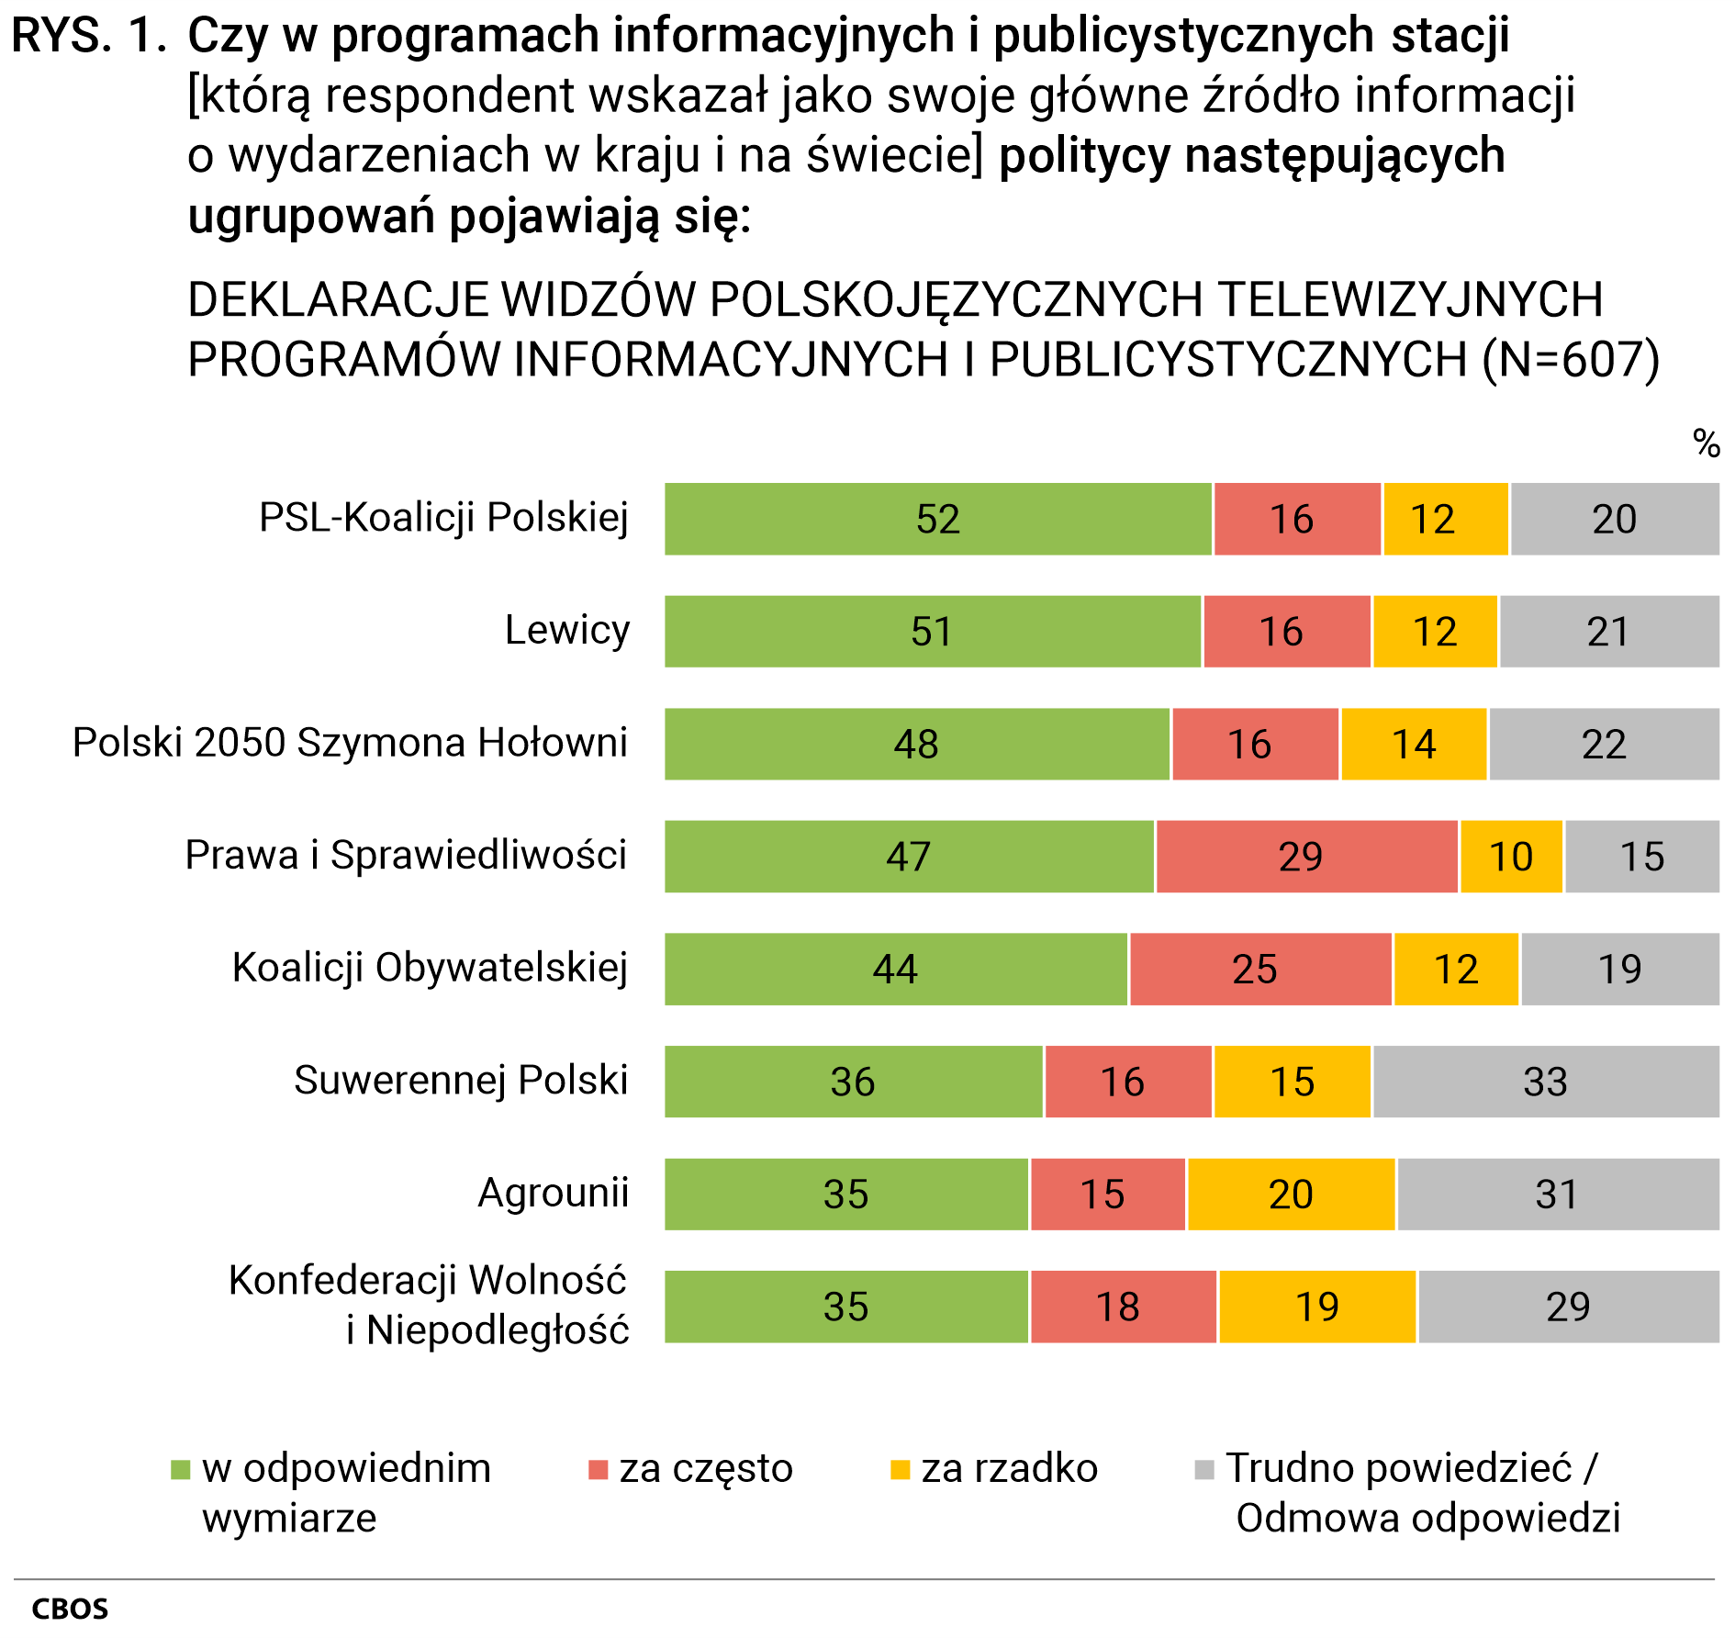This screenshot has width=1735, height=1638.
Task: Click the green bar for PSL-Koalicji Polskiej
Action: (x=937, y=519)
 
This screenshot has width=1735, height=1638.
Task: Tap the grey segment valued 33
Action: (x=1545, y=1082)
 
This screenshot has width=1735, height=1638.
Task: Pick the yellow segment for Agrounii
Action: (x=1291, y=1195)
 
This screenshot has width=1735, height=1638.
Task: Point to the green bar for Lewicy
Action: (x=932, y=632)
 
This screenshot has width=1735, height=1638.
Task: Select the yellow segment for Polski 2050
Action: (x=1414, y=744)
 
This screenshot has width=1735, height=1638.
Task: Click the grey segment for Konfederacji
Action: (x=1568, y=1307)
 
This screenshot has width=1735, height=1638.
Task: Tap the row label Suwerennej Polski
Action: (x=461, y=1081)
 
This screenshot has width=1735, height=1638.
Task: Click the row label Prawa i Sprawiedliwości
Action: (x=406, y=856)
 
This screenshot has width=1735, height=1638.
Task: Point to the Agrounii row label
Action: (x=554, y=1194)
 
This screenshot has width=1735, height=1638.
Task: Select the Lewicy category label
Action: (x=567, y=631)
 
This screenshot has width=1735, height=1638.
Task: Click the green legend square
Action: (x=181, y=1470)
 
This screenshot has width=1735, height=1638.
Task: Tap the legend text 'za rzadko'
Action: (x=1009, y=1469)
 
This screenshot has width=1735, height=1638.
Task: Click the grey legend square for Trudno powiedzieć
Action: (x=1204, y=1470)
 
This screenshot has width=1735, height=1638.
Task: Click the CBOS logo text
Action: (x=70, y=1609)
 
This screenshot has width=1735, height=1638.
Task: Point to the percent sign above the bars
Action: (x=1707, y=443)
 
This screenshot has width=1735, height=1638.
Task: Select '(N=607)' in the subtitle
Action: (x=1571, y=360)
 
